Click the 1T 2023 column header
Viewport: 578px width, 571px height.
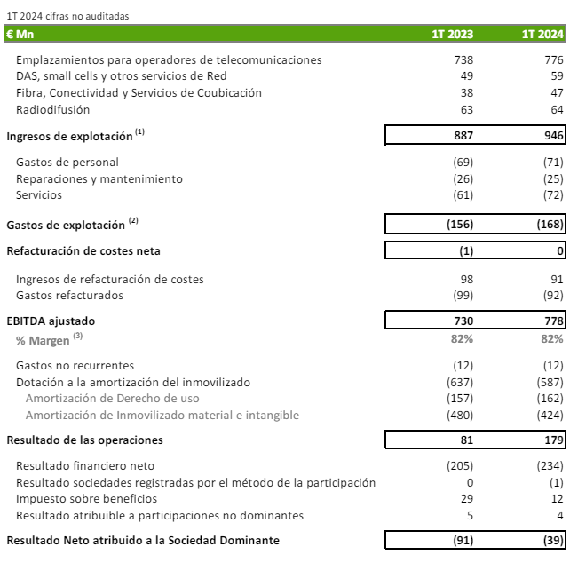[x=452, y=35]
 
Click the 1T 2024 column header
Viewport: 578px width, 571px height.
[x=542, y=35]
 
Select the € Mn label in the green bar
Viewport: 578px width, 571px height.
[x=20, y=35]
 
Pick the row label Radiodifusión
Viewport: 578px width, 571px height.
[x=53, y=110]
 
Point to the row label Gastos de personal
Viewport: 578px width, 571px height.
[x=67, y=163]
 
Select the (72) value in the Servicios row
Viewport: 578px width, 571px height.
[x=551, y=195]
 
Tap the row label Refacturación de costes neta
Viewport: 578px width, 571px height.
[x=83, y=250]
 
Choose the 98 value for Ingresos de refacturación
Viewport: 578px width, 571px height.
[x=466, y=279]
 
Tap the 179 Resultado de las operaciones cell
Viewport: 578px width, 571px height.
[x=552, y=440]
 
